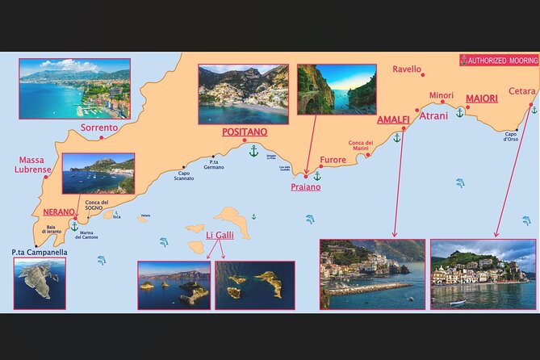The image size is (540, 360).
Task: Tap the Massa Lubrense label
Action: (34, 165)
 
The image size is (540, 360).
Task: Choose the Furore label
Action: (333, 159)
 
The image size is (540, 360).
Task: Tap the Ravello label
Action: (407, 69)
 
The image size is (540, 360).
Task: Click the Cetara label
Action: (522, 91)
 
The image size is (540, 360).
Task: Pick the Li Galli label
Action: (220, 235)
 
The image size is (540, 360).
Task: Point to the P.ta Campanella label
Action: (40, 252)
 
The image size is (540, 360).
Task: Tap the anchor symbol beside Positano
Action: (253, 151)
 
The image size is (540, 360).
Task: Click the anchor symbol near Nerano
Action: (75, 226)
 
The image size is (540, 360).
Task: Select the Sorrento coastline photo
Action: (74, 89)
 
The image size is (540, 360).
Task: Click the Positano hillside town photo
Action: (243, 94)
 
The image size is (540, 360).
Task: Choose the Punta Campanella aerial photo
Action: (40, 283)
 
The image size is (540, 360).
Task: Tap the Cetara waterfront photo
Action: (483, 274)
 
